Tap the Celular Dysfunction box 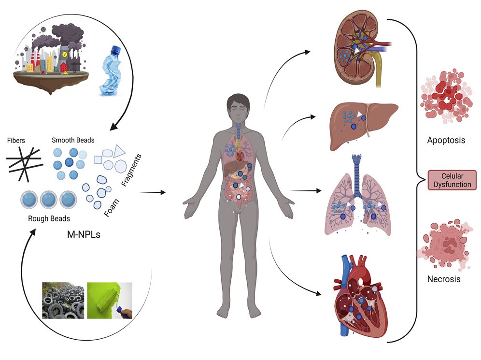point(453,180)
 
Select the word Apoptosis point(446,141)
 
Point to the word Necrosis point(444,279)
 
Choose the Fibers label point(16,141)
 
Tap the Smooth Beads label point(73,140)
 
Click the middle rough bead point(49,199)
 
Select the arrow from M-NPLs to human point(152,192)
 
